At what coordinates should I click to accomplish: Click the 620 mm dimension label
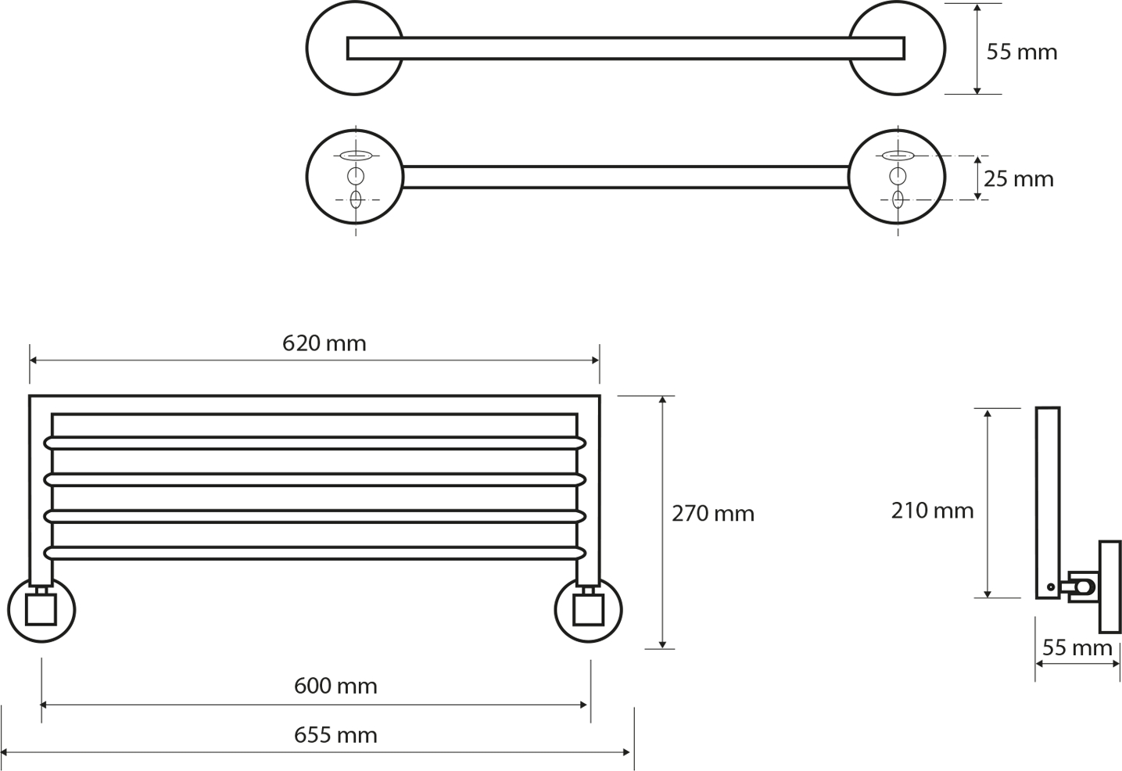(324, 344)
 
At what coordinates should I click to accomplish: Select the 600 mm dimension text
(335, 686)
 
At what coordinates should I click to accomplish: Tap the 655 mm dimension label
(335, 736)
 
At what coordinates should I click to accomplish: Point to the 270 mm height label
(713, 514)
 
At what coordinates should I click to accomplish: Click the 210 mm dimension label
(932, 511)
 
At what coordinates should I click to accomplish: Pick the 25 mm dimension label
(1019, 179)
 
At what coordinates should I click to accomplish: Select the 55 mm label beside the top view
(1022, 52)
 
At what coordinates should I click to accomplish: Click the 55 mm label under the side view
(1077, 647)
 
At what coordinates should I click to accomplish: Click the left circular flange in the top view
(306, 48)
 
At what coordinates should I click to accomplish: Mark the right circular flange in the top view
(945, 48)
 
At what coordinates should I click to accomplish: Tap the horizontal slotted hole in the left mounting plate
(356, 156)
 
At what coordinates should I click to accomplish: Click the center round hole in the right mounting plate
(898, 177)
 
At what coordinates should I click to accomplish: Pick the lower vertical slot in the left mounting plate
(356, 199)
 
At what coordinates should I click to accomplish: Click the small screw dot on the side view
(1051, 586)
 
